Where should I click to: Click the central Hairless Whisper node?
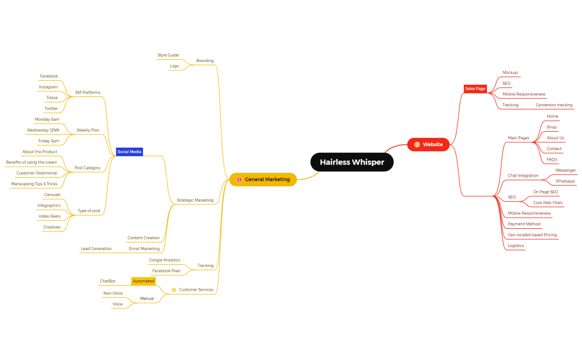(352, 162)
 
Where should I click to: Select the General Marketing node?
(263, 179)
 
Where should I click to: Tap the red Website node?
(428, 145)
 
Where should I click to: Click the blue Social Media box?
(130, 152)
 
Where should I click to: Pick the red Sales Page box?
(475, 89)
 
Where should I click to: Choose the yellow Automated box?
(144, 281)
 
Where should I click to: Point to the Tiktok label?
(52, 97)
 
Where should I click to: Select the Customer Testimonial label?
(37, 173)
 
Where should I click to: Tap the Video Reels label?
(49, 216)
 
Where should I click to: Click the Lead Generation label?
(96, 249)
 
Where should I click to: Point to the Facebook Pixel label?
(166, 271)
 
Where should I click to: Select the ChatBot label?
(108, 281)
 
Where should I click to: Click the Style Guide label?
(168, 55)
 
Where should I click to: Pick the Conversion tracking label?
(554, 105)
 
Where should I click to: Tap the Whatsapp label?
(565, 181)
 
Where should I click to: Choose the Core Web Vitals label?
(548, 203)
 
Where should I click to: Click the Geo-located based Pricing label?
(532, 235)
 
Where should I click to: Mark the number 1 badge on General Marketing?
(239, 179)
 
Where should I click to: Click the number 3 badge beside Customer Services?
(173, 290)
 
